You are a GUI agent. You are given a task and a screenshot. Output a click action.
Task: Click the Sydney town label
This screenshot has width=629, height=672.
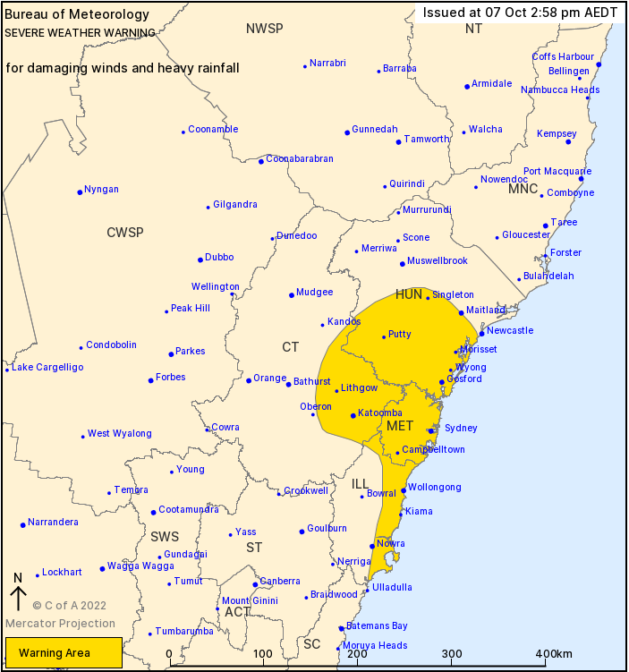(461, 429)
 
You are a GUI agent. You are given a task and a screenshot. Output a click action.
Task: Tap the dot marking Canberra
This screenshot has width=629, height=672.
(255, 584)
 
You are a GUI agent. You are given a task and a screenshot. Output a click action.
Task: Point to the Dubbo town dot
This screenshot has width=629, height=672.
(200, 259)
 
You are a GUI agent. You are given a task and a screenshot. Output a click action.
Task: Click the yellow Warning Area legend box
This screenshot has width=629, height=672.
(63, 653)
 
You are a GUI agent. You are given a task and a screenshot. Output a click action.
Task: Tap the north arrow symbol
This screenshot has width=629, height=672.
(17, 593)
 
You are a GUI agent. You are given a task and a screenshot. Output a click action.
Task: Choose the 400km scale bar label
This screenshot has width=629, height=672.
(554, 654)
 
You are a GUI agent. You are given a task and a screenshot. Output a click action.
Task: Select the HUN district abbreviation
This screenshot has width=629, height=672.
(408, 294)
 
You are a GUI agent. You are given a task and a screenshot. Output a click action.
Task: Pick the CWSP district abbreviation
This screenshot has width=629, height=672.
(125, 233)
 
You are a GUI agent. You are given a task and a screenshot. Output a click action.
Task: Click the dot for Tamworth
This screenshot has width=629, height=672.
(398, 141)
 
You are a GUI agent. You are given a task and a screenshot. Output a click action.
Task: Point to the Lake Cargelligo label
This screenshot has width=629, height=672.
(47, 368)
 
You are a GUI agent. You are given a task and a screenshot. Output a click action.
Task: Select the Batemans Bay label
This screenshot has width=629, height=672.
(377, 625)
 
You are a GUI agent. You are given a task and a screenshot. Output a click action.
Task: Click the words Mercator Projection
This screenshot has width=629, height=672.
(61, 624)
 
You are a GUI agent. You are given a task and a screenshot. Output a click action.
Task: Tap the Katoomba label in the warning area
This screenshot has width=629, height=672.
(380, 413)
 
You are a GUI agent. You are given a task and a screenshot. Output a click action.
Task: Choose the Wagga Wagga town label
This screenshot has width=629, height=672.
(140, 566)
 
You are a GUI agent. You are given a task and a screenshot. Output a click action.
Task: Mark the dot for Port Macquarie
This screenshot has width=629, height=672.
(581, 179)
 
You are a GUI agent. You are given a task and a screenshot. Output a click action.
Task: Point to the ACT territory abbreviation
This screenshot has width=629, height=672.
(237, 612)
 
